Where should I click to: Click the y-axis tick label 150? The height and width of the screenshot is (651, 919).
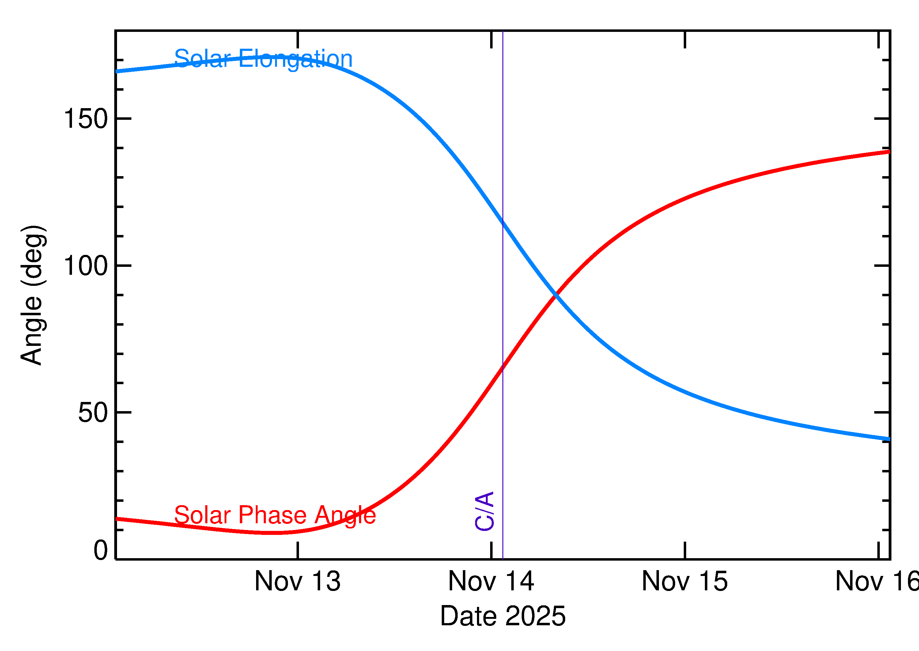pyautogui.click(x=86, y=119)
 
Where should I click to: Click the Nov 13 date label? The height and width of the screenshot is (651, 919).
pyautogui.click(x=297, y=581)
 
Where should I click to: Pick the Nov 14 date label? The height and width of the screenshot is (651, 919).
pyautogui.click(x=491, y=581)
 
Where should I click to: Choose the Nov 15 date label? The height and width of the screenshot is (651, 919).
pyautogui.click(x=685, y=581)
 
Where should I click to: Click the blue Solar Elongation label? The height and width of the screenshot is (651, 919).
pyautogui.click(x=263, y=59)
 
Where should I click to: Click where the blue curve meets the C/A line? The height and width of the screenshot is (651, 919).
pyautogui.click(x=503, y=221)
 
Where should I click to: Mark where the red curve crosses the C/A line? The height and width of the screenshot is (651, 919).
pyautogui.click(x=503, y=367)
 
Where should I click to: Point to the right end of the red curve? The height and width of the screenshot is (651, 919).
pyautogui.click(x=889, y=152)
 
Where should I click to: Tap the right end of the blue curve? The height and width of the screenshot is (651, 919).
pyautogui.click(x=889, y=439)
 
